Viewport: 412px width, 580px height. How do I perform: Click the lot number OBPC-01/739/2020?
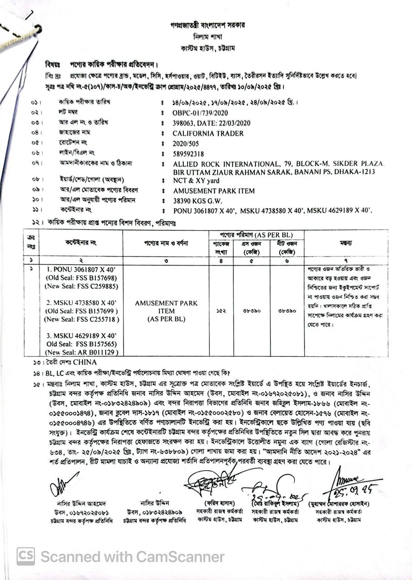coord(200,113)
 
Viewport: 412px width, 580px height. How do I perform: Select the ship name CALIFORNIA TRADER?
coord(208,133)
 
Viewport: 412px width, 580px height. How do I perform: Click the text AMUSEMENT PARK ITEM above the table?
coord(214,191)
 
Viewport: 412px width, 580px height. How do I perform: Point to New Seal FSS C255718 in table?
coord(82,319)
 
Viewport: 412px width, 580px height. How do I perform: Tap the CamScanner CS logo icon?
coord(26,556)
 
